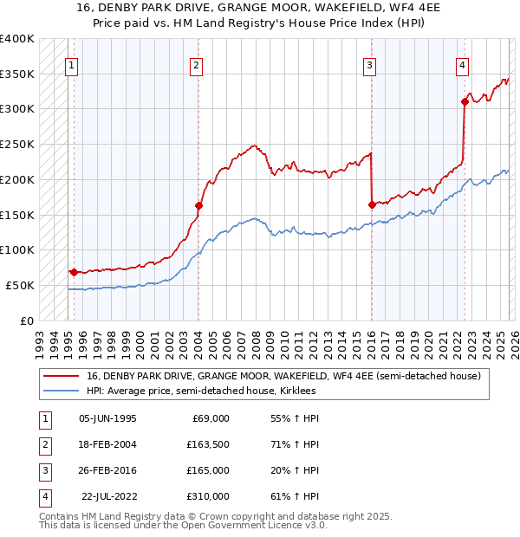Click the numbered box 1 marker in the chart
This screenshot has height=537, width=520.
tap(70, 65)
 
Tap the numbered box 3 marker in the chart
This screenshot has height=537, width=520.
tap(369, 65)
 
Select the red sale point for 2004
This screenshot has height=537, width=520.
tap(198, 205)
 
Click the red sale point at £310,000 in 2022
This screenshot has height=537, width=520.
tap(465, 101)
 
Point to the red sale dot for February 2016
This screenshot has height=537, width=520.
tap(372, 204)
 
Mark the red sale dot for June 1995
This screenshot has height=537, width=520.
tap(74, 272)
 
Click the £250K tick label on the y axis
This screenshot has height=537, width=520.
tap(17, 145)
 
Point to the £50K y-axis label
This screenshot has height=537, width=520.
tap(21, 285)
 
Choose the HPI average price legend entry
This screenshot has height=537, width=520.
tap(201, 391)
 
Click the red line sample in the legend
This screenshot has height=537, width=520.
tap(62, 376)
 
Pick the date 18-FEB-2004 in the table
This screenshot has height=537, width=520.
tap(107, 444)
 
